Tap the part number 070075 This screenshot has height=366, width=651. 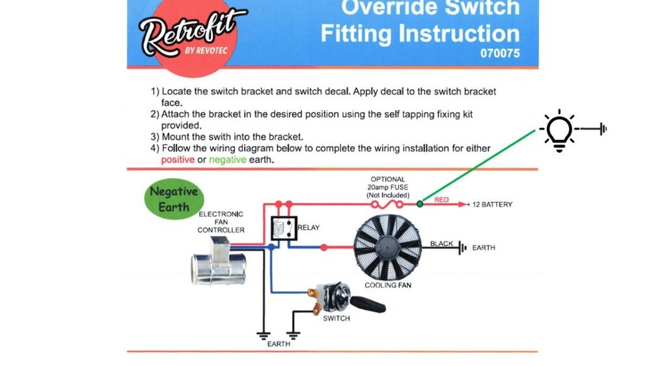pyautogui.click(x=500, y=54)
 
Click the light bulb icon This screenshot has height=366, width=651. pyautogui.click(x=559, y=131)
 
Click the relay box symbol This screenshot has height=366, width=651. pyautogui.click(x=284, y=229)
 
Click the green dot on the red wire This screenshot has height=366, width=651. pyautogui.click(x=420, y=204)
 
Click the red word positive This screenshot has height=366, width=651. pyautogui.click(x=177, y=160)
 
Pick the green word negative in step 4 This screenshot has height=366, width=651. pyautogui.click(x=228, y=160)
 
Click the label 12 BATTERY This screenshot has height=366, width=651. pyautogui.click(x=492, y=204)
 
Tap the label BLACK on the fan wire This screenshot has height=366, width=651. pyautogui.click(x=441, y=244)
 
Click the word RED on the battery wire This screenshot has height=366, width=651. pyautogui.click(x=441, y=200)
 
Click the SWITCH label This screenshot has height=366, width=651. pyautogui.click(x=336, y=318)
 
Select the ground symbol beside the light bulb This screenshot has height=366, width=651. pyautogui.click(x=602, y=129)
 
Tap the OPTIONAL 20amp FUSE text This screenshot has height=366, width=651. pyautogui.click(x=389, y=187)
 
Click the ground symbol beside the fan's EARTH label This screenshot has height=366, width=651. pyautogui.click(x=462, y=247)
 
